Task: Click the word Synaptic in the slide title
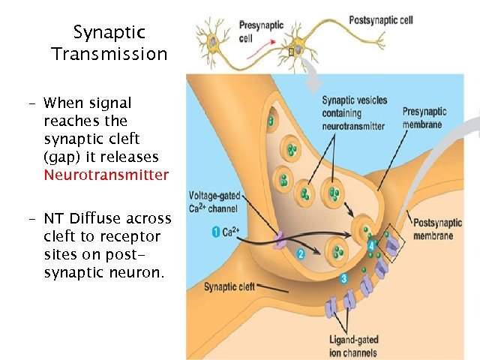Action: point(109,33)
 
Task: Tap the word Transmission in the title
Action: point(109,55)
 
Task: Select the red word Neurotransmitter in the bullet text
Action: point(106,175)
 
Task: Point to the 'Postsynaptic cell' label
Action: point(381,19)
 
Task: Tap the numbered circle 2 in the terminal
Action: point(301,254)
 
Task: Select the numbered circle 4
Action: point(370,244)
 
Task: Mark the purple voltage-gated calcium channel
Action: point(280,238)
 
